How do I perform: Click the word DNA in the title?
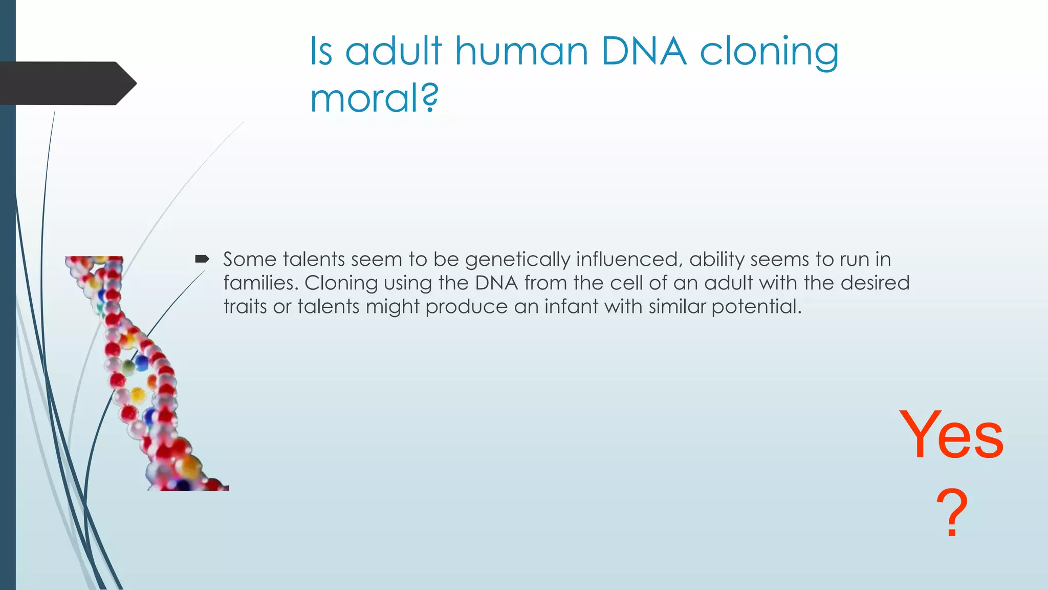point(643,52)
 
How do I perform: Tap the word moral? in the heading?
point(374,98)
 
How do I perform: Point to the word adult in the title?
point(393,52)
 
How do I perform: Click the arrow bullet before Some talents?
point(202,259)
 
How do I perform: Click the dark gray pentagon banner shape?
point(67,83)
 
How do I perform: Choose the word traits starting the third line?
point(245,306)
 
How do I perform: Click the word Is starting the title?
point(321,52)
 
